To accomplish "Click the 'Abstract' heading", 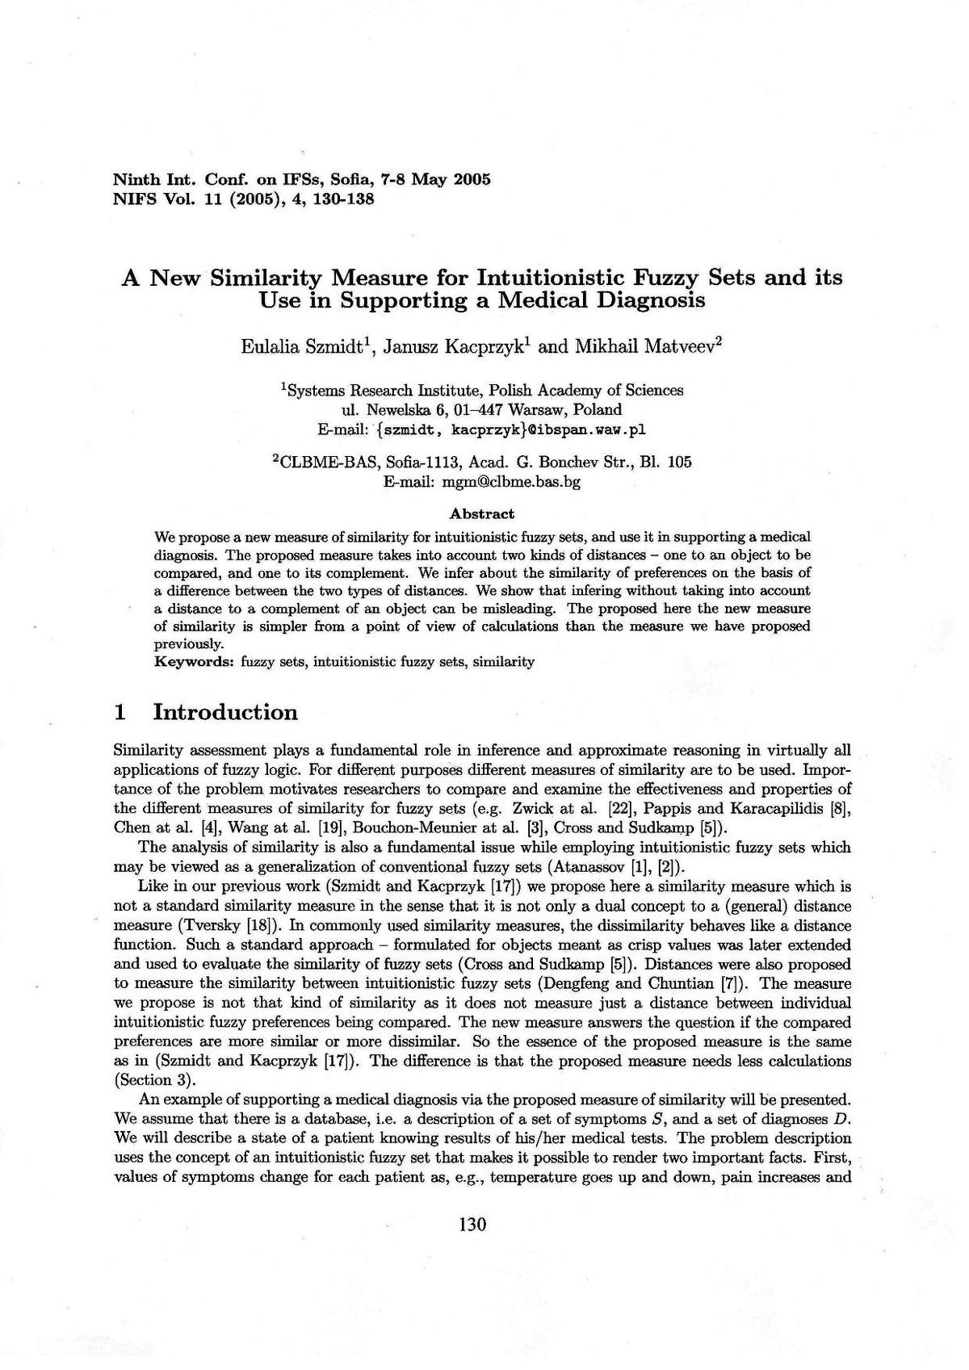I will pyautogui.click(x=482, y=513).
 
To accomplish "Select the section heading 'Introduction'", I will pyautogui.click(x=225, y=712).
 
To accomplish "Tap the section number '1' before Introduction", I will pyautogui.click(x=120, y=712).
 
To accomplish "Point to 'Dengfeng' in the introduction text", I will pyautogui.click(x=592, y=983).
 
